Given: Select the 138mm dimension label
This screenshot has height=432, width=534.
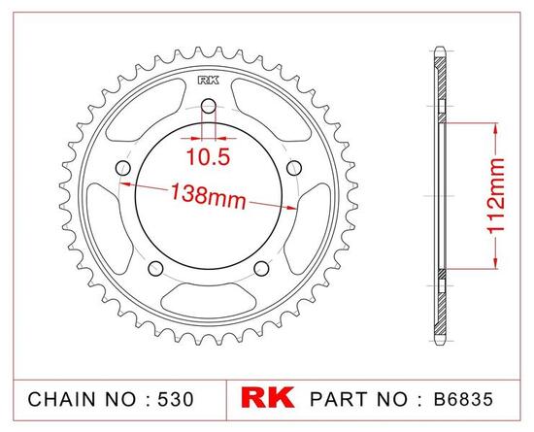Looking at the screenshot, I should (205, 194).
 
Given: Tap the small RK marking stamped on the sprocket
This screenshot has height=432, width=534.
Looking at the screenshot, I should (207, 81).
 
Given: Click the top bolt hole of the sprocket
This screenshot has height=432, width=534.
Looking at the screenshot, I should (207, 109).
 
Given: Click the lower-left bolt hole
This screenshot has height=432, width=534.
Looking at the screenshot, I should (153, 269).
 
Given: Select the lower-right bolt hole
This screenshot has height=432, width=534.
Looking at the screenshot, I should (260, 269).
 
